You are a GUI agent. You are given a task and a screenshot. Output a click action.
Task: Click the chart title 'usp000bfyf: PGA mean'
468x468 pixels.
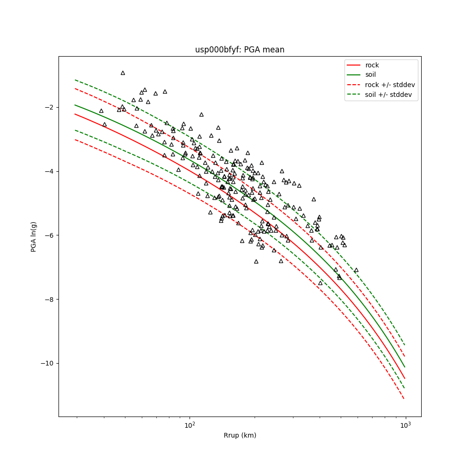(x=240, y=50)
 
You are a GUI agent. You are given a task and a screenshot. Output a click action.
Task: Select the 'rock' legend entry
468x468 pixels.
(x=372, y=65)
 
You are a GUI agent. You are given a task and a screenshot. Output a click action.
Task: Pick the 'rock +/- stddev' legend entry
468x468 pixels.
(x=390, y=85)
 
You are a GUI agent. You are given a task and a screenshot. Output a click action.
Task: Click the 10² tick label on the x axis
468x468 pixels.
(x=190, y=425)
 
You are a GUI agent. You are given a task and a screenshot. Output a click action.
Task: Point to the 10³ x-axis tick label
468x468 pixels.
(x=405, y=425)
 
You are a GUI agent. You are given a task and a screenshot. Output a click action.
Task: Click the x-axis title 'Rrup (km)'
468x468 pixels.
(x=240, y=435)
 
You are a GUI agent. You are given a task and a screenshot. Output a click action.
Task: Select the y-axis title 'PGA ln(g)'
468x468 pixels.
(x=34, y=236)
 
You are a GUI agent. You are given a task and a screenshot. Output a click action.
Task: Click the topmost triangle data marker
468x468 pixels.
(x=123, y=73)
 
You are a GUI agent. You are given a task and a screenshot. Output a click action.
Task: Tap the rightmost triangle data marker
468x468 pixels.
(x=356, y=270)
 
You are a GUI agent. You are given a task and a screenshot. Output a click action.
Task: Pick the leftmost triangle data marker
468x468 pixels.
(x=101, y=111)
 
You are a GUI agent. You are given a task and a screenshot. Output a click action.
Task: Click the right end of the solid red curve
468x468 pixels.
(x=405, y=379)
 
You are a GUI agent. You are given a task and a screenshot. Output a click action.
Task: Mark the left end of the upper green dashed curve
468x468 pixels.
(x=75, y=80)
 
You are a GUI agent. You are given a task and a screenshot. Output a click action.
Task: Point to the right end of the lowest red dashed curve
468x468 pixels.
(x=404, y=399)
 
